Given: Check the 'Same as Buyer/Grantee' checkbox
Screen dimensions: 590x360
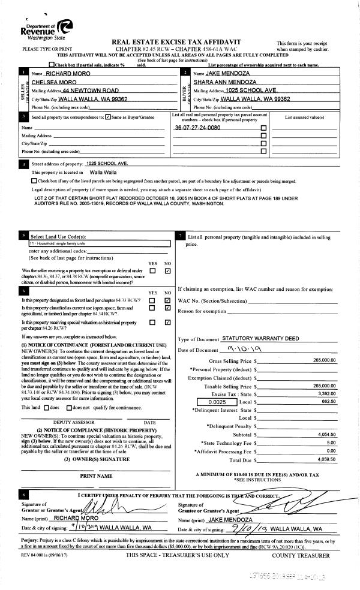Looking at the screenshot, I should [107, 117].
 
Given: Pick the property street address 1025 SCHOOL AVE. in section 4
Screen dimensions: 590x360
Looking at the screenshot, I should [106, 163].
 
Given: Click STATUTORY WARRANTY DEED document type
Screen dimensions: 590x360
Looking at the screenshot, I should [260, 339].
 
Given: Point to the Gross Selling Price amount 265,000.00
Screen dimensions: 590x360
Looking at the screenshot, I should [325, 362].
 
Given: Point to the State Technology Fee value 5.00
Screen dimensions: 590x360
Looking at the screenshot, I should [331, 442].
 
